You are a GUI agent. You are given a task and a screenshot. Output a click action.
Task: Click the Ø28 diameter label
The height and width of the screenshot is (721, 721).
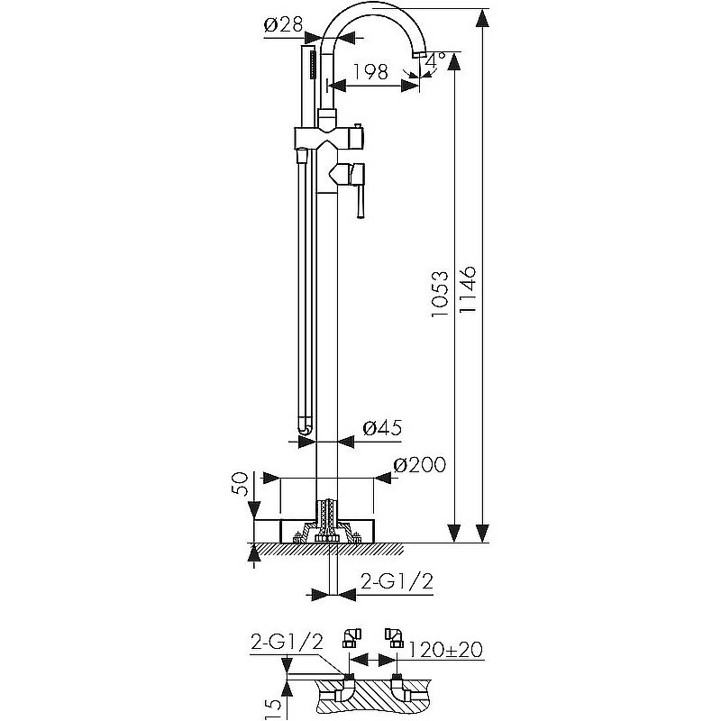coord(283,24)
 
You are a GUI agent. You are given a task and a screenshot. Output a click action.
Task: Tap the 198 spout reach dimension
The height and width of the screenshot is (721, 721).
coord(370,71)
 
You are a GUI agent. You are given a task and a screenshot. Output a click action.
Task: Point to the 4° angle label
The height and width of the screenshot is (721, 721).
coord(435,59)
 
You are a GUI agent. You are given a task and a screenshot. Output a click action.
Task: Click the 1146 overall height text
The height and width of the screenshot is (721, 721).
coord(468,289)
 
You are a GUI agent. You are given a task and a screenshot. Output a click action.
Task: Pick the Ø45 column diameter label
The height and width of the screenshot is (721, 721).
coord(382,427)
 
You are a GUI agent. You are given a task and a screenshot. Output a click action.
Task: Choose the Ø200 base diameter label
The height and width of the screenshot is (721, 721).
coord(419,465)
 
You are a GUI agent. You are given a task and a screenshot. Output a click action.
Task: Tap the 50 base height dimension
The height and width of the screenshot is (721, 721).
coord(240,484)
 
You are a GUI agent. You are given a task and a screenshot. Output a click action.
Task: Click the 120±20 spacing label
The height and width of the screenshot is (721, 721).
coord(445,650)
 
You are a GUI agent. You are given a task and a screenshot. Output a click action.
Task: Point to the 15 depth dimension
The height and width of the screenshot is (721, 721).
coord(274,708)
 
